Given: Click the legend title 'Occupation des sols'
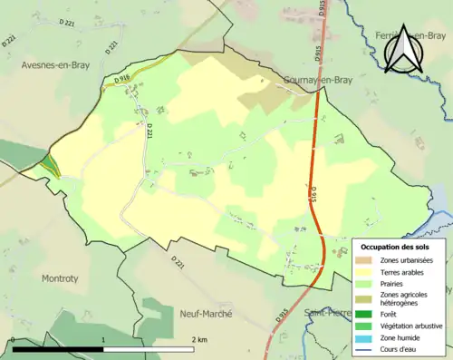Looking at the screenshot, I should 396,247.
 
